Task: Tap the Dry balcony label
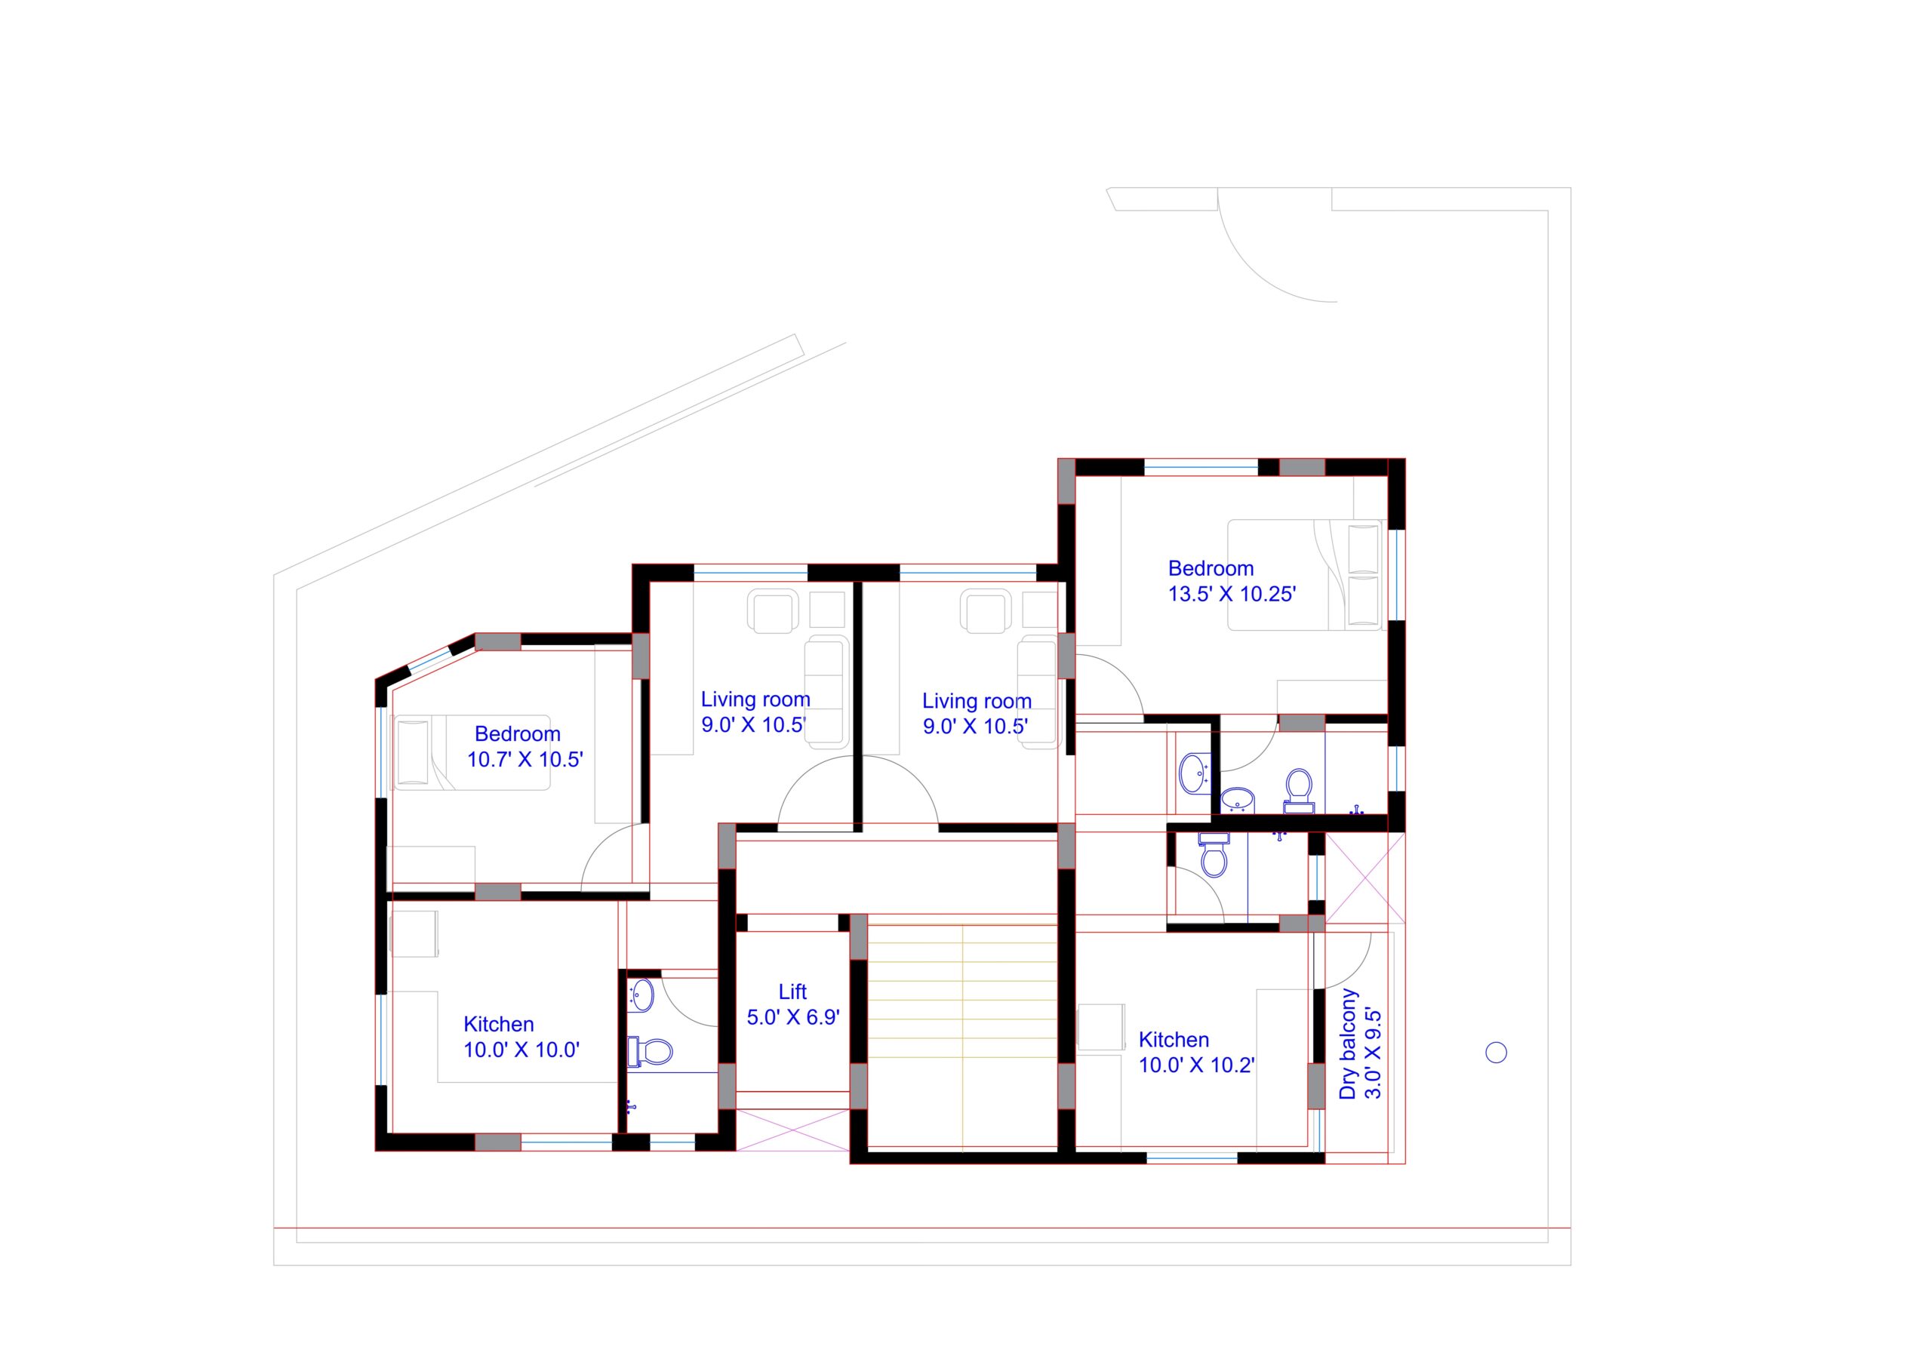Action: (x=1348, y=1044)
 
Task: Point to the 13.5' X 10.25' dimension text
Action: (x=1231, y=594)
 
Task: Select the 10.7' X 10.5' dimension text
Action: (x=525, y=759)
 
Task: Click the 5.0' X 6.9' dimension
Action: (x=793, y=1018)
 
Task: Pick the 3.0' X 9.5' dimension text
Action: (x=1373, y=1053)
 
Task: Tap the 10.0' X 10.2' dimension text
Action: (x=1196, y=1065)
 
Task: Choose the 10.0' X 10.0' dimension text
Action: (x=521, y=1050)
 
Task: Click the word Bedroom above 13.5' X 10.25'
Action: (x=1211, y=569)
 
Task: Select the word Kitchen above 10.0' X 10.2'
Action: (x=1174, y=1040)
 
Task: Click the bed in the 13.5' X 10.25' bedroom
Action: (x=1304, y=574)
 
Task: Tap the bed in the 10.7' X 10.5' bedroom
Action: (x=472, y=753)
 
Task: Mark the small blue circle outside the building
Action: (x=1497, y=1052)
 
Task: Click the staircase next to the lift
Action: (x=962, y=1036)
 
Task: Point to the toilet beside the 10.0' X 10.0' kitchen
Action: (x=650, y=1051)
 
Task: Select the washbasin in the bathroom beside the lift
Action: (x=642, y=994)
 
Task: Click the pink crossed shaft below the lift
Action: (x=793, y=1130)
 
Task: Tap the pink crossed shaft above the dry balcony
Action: (x=1365, y=877)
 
